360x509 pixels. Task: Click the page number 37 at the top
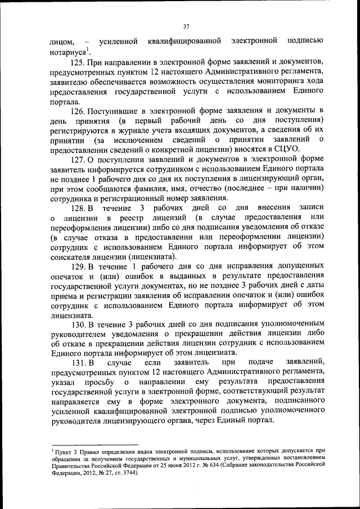[x=186, y=25]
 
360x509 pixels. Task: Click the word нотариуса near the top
[x=67, y=52]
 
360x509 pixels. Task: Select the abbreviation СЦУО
[x=285, y=148]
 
